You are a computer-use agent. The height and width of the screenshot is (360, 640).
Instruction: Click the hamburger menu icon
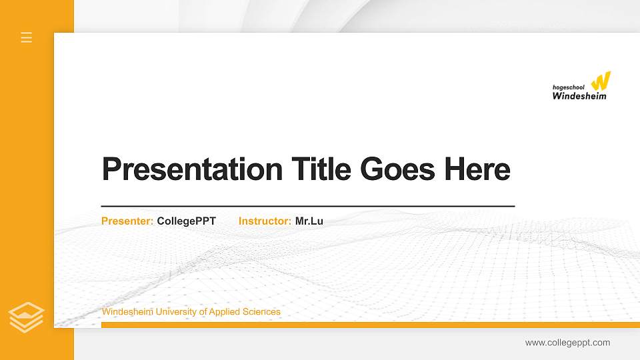(x=27, y=37)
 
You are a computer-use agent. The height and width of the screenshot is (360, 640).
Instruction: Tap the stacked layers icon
(x=27, y=317)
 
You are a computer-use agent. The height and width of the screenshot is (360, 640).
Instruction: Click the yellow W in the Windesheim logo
(x=601, y=81)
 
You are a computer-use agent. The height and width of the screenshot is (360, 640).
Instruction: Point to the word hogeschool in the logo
(x=569, y=87)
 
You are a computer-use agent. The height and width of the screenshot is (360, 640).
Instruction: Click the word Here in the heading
(x=477, y=169)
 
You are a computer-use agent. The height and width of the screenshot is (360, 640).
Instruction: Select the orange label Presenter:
(x=127, y=221)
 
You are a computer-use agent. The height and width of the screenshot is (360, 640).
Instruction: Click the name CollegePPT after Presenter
(x=187, y=221)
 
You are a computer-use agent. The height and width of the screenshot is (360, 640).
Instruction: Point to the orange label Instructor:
(x=265, y=221)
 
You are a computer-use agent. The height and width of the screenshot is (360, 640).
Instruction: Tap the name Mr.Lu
(x=309, y=221)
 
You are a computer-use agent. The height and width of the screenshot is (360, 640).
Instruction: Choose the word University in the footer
(x=176, y=312)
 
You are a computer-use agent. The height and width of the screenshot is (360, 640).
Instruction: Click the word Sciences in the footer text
(x=261, y=312)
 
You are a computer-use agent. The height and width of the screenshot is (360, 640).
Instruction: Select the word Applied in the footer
(x=225, y=312)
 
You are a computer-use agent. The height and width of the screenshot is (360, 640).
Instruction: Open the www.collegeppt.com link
(x=567, y=343)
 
